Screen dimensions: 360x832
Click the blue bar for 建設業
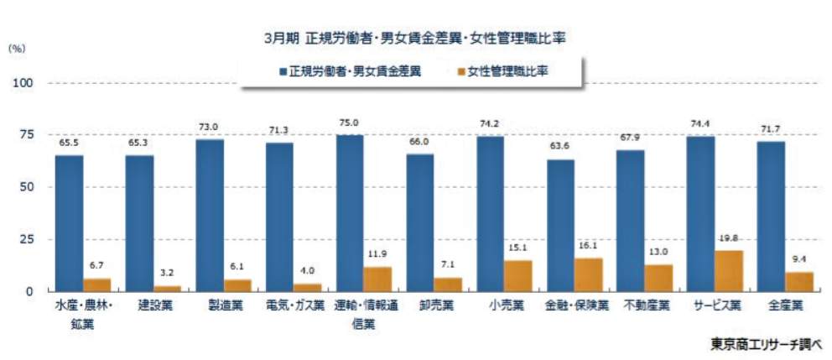tap(139, 222)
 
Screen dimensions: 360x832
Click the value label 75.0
tap(350, 123)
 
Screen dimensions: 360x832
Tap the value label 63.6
tap(561, 147)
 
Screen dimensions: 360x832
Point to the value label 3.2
tap(168, 274)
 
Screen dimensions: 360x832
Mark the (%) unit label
tap(17, 49)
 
